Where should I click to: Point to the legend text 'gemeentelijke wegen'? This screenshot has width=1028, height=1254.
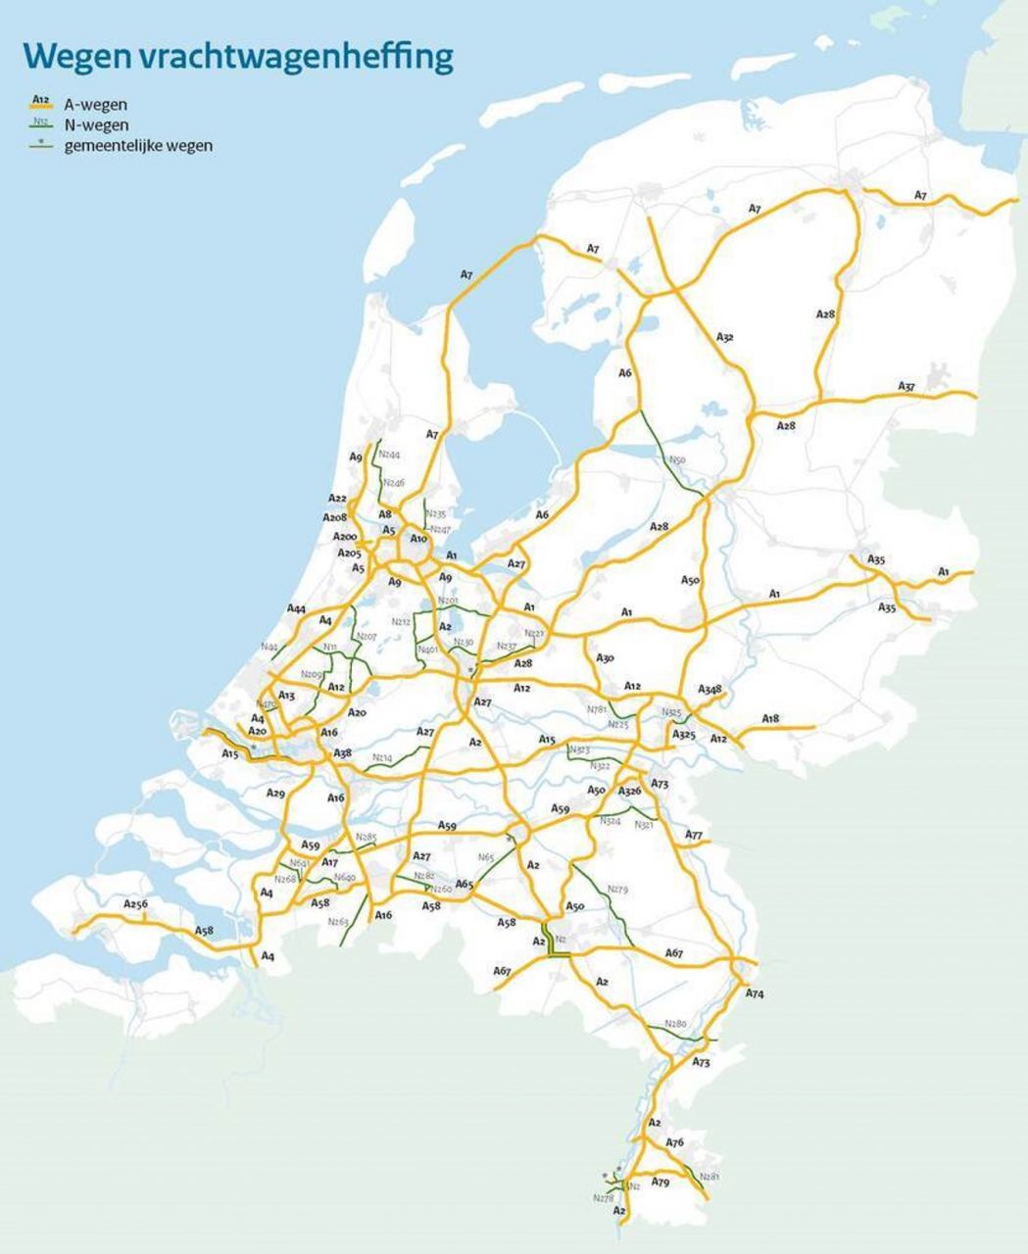pos(138,146)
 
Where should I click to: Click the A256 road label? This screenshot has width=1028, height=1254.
pos(136,903)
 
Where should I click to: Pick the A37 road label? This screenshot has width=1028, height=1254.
pos(906,387)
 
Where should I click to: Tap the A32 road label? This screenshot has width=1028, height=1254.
pos(725,337)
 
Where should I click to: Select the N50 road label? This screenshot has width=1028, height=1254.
pos(677,459)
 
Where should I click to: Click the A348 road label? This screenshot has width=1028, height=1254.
pos(710,690)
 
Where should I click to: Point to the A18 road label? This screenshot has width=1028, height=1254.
pos(770,719)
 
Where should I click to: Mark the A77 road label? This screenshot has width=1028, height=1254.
pos(694,835)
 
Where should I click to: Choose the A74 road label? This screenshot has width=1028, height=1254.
pos(755,993)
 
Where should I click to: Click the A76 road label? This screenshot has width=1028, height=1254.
pos(674,1142)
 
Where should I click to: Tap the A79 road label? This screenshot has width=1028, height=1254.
pos(661,1183)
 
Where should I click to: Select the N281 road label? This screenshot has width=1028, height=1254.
pos(711,1177)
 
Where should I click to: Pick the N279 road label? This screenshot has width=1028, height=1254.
pos(617,890)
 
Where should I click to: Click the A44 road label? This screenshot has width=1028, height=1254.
pos(297,609)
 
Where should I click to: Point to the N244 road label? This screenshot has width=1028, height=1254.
pos(390,456)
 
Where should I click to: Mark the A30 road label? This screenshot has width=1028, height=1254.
pos(605,658)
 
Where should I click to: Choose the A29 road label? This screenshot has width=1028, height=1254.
pos(276,793)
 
